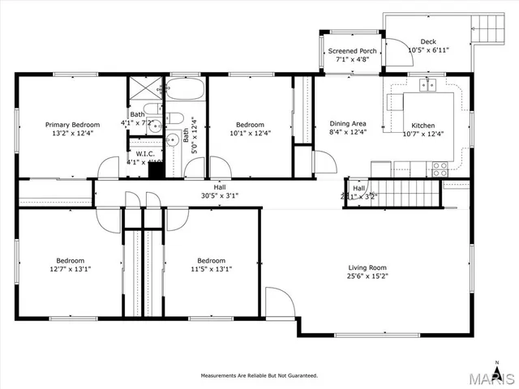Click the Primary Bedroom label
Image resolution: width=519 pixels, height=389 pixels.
[72, 125]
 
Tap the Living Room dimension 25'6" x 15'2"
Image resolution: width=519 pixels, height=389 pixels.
[367, 276]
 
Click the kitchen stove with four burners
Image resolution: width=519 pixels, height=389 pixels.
[440, 169]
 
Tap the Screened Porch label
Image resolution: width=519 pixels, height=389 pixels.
[352, 52]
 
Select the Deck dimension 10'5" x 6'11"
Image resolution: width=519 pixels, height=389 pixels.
[428, 50]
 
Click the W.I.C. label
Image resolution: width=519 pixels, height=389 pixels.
[145, 153]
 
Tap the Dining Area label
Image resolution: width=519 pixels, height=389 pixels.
[348, 125]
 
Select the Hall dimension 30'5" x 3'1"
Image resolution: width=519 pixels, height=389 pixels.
[221, 195]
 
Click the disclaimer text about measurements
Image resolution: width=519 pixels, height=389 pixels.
[259, 375]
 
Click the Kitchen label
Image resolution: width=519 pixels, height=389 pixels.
[422, 126]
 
